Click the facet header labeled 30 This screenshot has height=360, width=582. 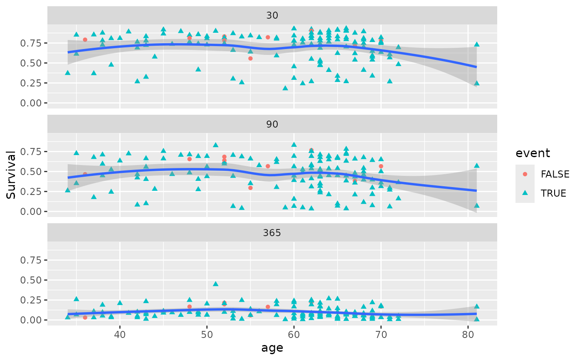coord(272,16)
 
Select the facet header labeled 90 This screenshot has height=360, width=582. coord(272,124)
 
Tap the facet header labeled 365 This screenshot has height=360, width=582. coord(272,233)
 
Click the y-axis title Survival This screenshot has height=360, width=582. coord(12,175)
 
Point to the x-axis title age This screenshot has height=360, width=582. coord(272,348)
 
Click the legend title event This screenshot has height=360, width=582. coord(533,153)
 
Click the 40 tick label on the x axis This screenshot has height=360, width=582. coord(120,333)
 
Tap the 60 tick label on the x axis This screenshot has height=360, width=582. coord(294,333)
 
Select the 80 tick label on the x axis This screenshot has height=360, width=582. coord(468,333)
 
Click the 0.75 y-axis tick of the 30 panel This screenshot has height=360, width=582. coord(32,43)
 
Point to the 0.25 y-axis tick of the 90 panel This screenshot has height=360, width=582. coord(32,192)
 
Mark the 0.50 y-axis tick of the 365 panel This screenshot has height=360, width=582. coord(32,280)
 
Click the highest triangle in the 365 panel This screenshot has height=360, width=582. coord(216,284)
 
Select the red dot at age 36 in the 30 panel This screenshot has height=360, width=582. coord(85,39)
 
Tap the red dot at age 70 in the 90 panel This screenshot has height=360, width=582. coord(381,166)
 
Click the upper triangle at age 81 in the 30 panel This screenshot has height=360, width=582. coord(477,44)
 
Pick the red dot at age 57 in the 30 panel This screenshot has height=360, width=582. coord(268,37)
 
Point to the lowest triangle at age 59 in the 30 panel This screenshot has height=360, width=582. coord(285,88)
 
